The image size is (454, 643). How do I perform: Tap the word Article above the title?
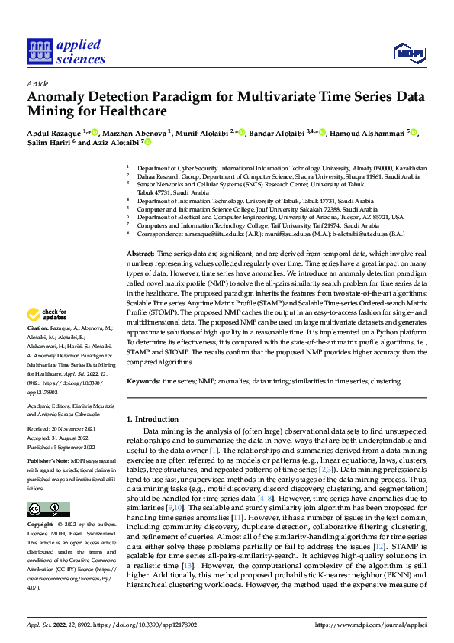[37, 83]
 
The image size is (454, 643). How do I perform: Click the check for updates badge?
[48, 335]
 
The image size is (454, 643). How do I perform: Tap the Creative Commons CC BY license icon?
[48, 509]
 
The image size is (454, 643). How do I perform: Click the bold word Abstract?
[140, 253]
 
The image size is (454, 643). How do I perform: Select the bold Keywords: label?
[143, 380]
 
